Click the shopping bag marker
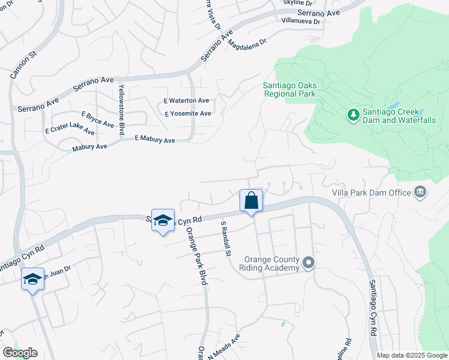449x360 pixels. [252, 200]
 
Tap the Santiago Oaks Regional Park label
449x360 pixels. [290, 89]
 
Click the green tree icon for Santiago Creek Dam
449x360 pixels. [354, 113]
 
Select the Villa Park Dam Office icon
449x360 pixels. [420, 192]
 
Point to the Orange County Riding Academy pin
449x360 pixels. [309, 263]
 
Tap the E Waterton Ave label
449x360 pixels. [187, 101]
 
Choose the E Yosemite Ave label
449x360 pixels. [187, 113]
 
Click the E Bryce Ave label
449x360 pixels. [97, 119]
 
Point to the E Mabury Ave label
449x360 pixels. [155, 139]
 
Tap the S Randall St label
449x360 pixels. [226, 238]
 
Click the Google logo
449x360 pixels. [19, 353]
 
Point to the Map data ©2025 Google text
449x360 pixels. [412, 355]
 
